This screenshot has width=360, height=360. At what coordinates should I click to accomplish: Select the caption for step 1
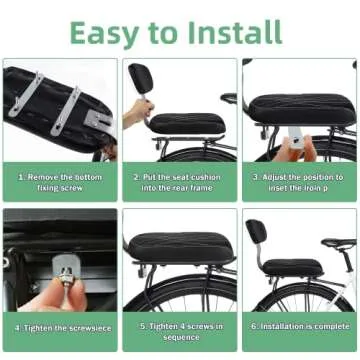click(60, 181)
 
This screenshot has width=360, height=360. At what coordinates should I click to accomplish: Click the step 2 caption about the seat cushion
click(179, 181)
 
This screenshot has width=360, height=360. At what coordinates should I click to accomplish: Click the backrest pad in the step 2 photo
click(140, 77)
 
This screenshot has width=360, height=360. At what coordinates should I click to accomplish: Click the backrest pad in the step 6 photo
click(255, 231)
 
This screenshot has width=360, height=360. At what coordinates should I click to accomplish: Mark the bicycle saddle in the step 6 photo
click(339, 242)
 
